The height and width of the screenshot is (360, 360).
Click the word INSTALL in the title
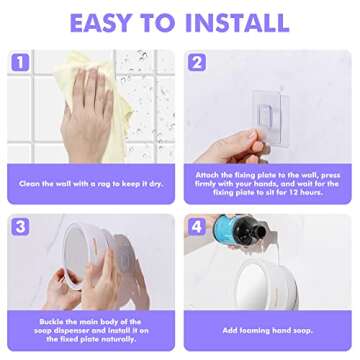click(247, 22)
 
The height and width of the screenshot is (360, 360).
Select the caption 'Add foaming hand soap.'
click(270, 328)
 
